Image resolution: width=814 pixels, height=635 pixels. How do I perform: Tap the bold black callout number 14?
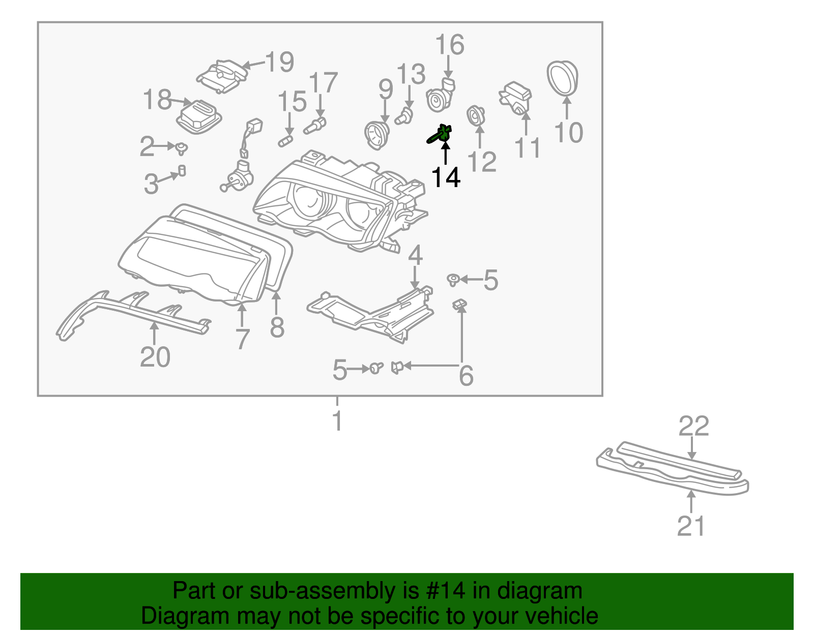446,177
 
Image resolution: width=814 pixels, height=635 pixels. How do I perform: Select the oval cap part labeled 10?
563,78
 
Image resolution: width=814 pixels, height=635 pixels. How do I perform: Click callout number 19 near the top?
280,62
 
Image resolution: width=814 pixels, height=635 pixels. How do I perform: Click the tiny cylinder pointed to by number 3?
182,170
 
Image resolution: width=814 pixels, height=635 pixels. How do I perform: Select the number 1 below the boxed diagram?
337,421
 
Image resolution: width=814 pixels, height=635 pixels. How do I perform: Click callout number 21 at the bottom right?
691,526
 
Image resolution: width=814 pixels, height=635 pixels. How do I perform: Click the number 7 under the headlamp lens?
243,339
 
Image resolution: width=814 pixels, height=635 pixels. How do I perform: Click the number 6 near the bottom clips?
466,376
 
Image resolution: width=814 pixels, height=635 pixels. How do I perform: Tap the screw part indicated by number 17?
315,126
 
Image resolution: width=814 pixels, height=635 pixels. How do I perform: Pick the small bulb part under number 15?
286,141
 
